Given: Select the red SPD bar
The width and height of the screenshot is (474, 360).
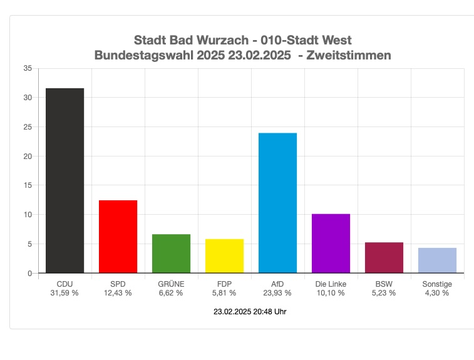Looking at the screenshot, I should (x=118, y=237).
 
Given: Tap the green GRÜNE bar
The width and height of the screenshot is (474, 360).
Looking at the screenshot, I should (x=171, y=254).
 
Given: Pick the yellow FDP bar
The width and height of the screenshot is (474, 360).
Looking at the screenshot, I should (x=224, y=256).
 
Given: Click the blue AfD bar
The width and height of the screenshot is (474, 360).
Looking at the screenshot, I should (x=277, y=203).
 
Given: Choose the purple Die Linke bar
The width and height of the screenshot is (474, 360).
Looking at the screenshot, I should (x=331, y=244).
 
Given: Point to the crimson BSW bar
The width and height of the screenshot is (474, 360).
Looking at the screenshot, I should (x=384, y=257).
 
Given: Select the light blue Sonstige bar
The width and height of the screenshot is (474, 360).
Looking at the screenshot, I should (x=437, y=260).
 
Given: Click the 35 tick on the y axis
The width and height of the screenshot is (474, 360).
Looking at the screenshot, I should (x=28, y=68).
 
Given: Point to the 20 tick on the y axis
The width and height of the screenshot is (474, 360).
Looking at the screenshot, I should (x=28, y=156).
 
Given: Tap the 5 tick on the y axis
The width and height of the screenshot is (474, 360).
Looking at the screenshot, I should (x=29, y=244).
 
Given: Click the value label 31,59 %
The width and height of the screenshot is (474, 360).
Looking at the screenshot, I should (x=64, y=292).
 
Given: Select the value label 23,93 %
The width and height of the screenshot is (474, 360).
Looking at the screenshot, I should (x=277, y=292).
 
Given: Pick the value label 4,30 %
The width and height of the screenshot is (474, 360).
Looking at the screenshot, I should (x=437, y=292).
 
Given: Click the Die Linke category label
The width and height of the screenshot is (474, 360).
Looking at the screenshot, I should (x=331, y=284).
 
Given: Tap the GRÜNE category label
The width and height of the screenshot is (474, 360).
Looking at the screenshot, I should (x=171, y=284).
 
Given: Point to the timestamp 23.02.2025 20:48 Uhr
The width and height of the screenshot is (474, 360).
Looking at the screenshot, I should (x=250, y=311).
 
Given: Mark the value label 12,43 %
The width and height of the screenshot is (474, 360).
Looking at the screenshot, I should (x=118, y=292).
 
